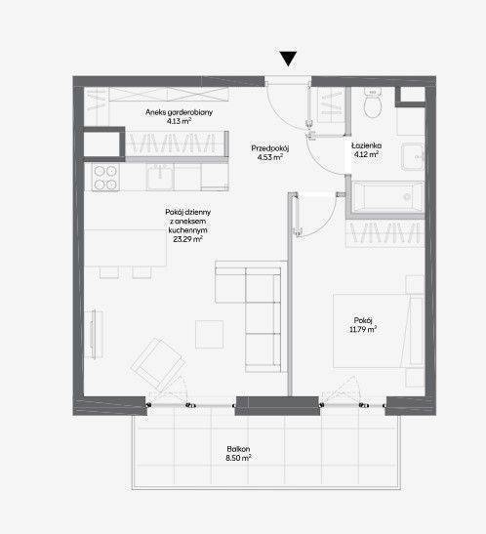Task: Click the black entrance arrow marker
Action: (288, 59)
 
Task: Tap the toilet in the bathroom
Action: (373, 103)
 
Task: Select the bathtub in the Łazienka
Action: (387, 197)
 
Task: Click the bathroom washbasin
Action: (413, 156)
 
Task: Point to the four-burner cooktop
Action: (105, 178)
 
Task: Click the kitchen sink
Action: (160, 177)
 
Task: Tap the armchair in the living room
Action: (159, 365)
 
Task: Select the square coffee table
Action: (209, 334)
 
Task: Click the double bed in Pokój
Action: (378, 331)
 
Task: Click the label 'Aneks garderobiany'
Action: (179, 112)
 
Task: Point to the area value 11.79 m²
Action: (363, 329)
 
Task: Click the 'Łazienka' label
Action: (367, 145)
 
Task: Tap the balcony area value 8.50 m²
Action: (238, 458)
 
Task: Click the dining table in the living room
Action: (125, 248)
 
